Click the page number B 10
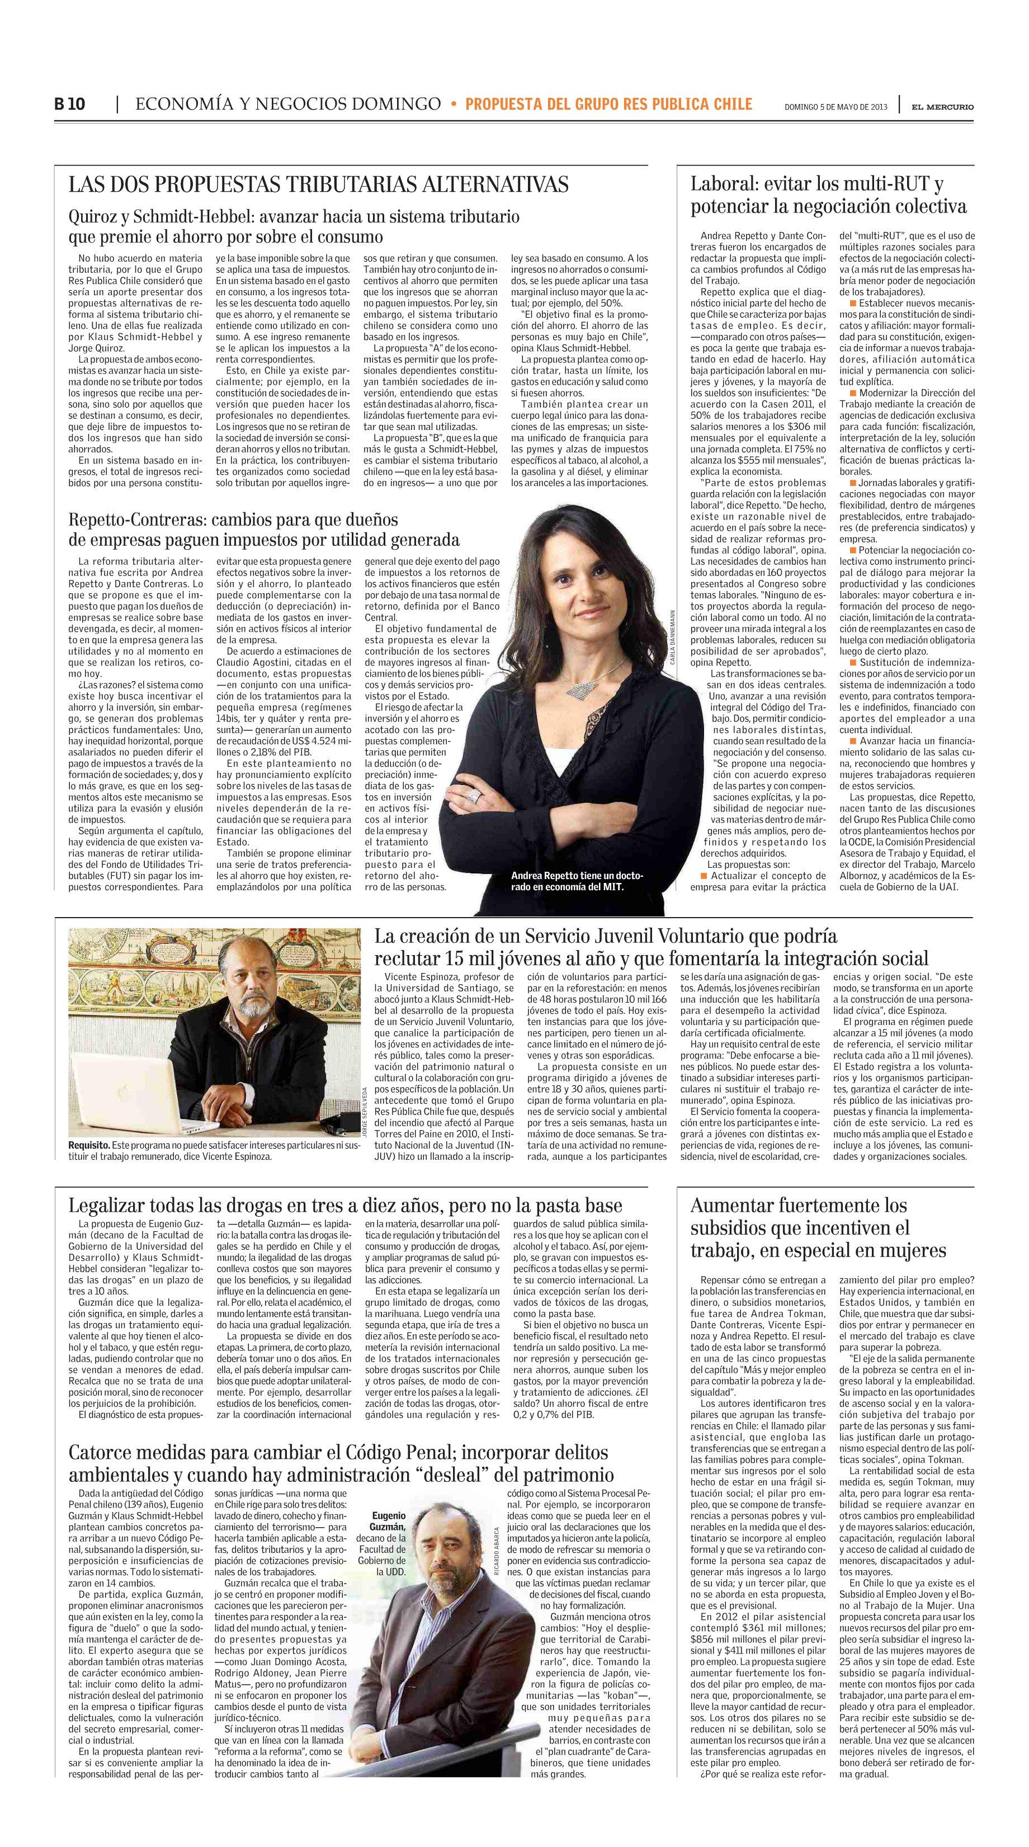[69, 105]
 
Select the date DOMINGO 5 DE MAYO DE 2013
[836, 107]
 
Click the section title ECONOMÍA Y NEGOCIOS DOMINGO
[287, 105]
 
